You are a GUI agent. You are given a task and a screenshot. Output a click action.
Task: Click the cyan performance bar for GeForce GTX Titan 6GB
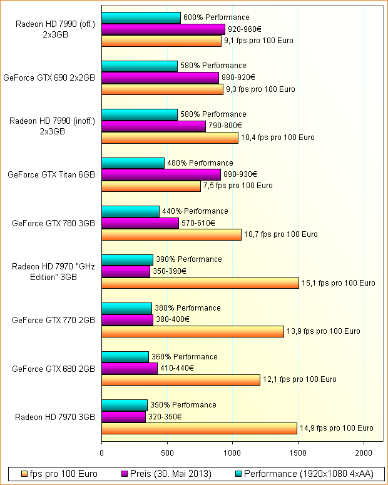(x=133, y=163)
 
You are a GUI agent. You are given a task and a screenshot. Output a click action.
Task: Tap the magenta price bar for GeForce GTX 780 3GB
(x=140, y=223)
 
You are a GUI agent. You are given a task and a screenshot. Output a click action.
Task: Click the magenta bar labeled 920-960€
(x=163, y=29)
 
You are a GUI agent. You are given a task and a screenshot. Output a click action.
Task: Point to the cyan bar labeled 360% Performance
(x=125, y=357)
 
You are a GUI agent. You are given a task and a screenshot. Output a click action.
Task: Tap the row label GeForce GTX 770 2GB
(x=53, y=321)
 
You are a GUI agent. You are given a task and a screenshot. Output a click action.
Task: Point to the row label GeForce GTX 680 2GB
(x=53, y=369)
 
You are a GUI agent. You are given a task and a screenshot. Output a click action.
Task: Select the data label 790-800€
(x=224, y=126)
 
